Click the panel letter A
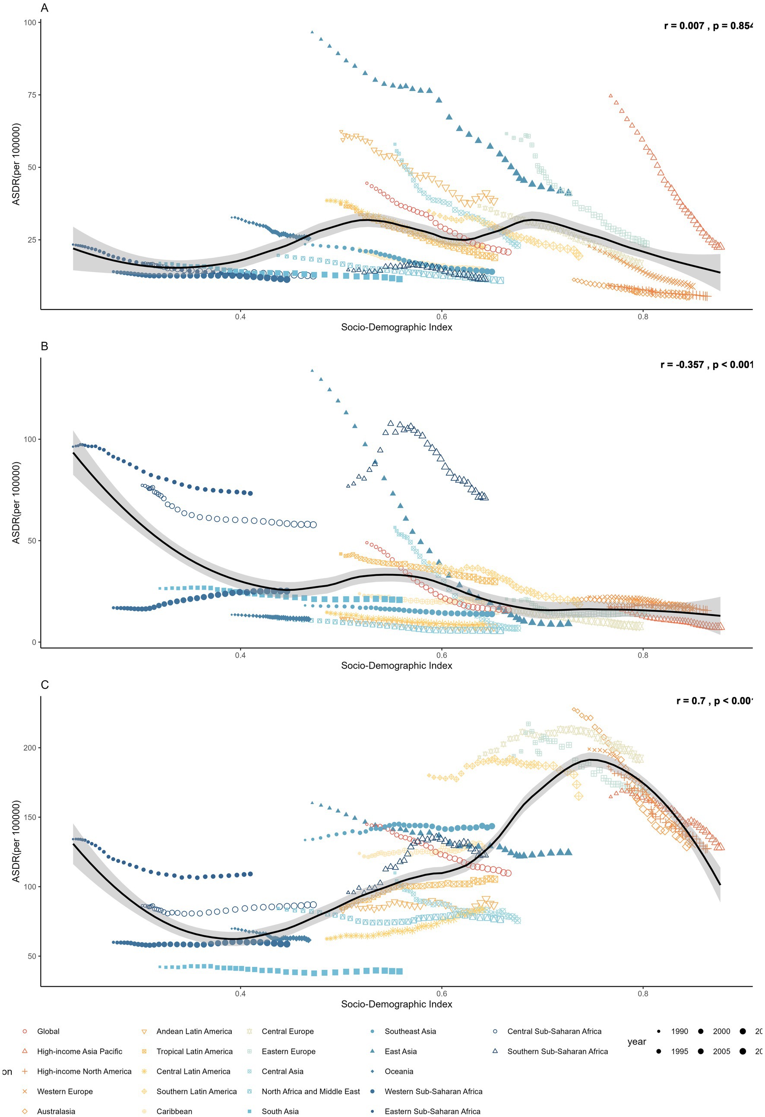pos(45,8)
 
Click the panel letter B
pos(45,346)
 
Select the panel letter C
pos(45,685)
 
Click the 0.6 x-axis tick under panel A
pos(441,317)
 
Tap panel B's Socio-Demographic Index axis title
pos(396,666)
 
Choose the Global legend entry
pos(48,1032)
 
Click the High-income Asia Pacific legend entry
pos(79,1052)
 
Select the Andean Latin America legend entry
pos(194,1032)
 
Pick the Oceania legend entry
pos(398,1071)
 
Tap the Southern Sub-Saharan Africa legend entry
pos(557,1052)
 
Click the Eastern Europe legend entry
pos(288,1052)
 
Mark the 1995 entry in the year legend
pos(680,1052)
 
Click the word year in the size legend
pos(637,1041)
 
